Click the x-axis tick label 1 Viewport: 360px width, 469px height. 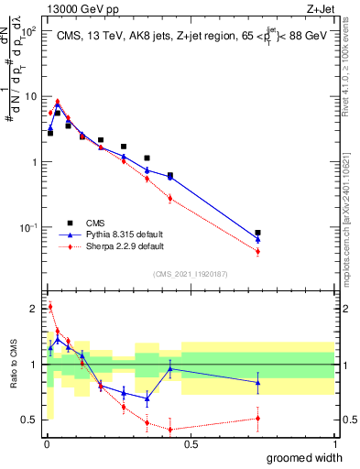click(334, 444)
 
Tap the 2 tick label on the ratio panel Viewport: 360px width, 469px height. click(34, 308)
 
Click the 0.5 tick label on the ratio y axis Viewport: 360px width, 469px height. click(30, 420)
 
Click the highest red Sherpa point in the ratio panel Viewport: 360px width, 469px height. click(50, 307)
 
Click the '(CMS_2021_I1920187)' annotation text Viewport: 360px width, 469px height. click(191, 273)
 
